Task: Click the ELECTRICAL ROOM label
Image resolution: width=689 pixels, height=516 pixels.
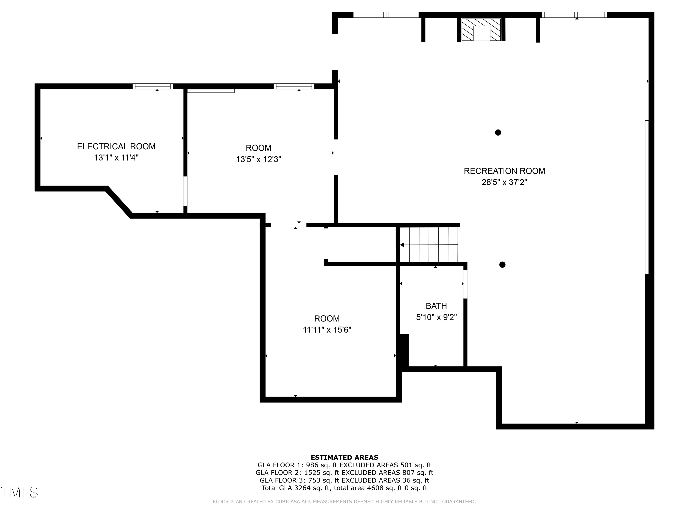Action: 116,147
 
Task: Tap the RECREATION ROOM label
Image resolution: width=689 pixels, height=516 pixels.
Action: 504,171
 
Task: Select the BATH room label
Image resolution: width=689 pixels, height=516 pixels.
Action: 436,306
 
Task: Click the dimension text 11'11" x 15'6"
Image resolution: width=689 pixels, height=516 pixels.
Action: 327,330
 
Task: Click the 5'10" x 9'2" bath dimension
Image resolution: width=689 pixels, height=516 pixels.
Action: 436,317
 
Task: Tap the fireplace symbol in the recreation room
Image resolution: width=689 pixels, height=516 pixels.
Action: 481,30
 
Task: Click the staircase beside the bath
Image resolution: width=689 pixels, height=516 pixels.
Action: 429,245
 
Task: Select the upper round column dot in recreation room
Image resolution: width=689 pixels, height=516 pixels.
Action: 498,133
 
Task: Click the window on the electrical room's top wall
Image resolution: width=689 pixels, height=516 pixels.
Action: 153,86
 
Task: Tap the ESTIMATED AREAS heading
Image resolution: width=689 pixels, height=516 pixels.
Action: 344,458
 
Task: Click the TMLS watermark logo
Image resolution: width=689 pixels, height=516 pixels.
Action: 20,492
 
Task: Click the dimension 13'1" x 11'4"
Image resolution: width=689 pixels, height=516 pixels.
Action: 116,158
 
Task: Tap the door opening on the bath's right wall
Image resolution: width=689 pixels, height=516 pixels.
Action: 465,284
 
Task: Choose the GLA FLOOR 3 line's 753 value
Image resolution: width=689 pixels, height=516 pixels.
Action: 314,480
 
